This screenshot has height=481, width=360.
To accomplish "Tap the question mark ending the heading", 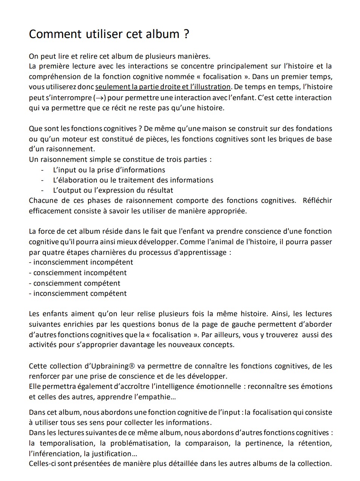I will tap(186, 34).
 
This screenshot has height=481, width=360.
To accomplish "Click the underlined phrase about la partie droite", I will tap(163, 87).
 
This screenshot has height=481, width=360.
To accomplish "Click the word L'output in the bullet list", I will tap(67, 190).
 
